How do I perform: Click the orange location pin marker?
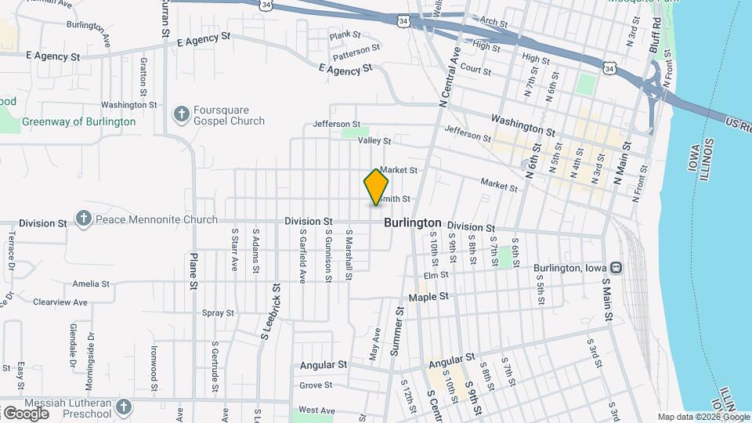pos(377,186)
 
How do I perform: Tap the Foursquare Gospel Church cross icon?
pos(181,115)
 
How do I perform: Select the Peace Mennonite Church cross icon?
pos(85,219)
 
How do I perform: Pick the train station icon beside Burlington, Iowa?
pos(616,268)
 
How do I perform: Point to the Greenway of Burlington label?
pos(78,121)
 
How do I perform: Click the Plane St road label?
pos(193,271)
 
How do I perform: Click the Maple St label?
pos(428,297)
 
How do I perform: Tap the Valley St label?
pos(374,141)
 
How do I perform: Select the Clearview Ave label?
pos(60,302)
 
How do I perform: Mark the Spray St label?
pos(218,313)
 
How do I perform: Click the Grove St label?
pos(316,385)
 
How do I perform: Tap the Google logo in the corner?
pos(26,413)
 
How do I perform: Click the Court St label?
pos(475,70)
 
